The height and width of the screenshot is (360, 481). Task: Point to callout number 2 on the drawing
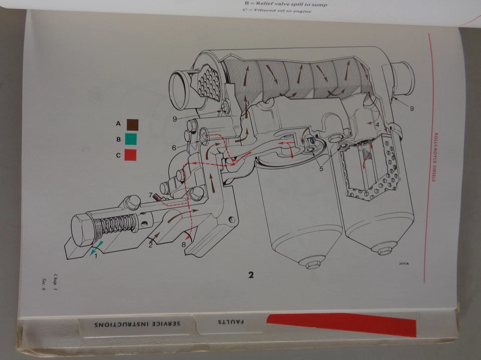point(150,245)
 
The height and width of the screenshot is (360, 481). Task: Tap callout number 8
point(183,245)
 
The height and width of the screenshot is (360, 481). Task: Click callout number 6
point(174,148)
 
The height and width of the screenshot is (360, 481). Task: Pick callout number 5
point(321,168)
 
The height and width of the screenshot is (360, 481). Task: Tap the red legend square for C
point(130,155)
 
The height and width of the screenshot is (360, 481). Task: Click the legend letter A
point(119,123)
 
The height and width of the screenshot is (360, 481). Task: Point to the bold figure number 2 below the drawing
point(251,274)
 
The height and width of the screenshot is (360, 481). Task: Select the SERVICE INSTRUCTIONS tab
point(137,324)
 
